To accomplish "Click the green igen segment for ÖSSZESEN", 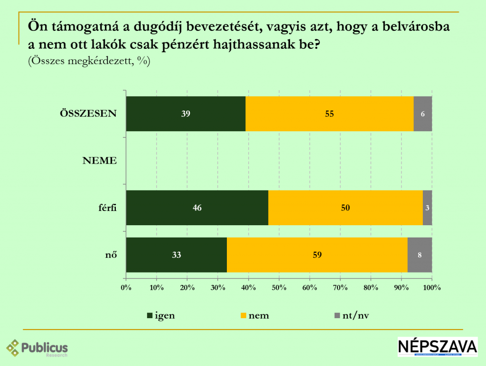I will coord(186,114).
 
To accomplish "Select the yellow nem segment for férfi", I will coord(345,208).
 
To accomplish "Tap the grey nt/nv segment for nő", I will coord(420,255).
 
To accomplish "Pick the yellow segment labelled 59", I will coord(317,255).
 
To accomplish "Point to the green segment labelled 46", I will coord(197,208).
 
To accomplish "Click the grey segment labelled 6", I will coord(422,114).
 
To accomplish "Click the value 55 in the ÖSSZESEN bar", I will coord(329,114).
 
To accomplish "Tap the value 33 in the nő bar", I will coord(177,255).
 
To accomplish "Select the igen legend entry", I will coord(161,316).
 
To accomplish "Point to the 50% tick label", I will coord(279,288).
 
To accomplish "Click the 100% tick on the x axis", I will coord(432,288).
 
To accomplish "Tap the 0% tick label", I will coord(126,288).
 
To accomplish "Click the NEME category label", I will coord(100,161).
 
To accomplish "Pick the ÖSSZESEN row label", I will coord(88,114).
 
